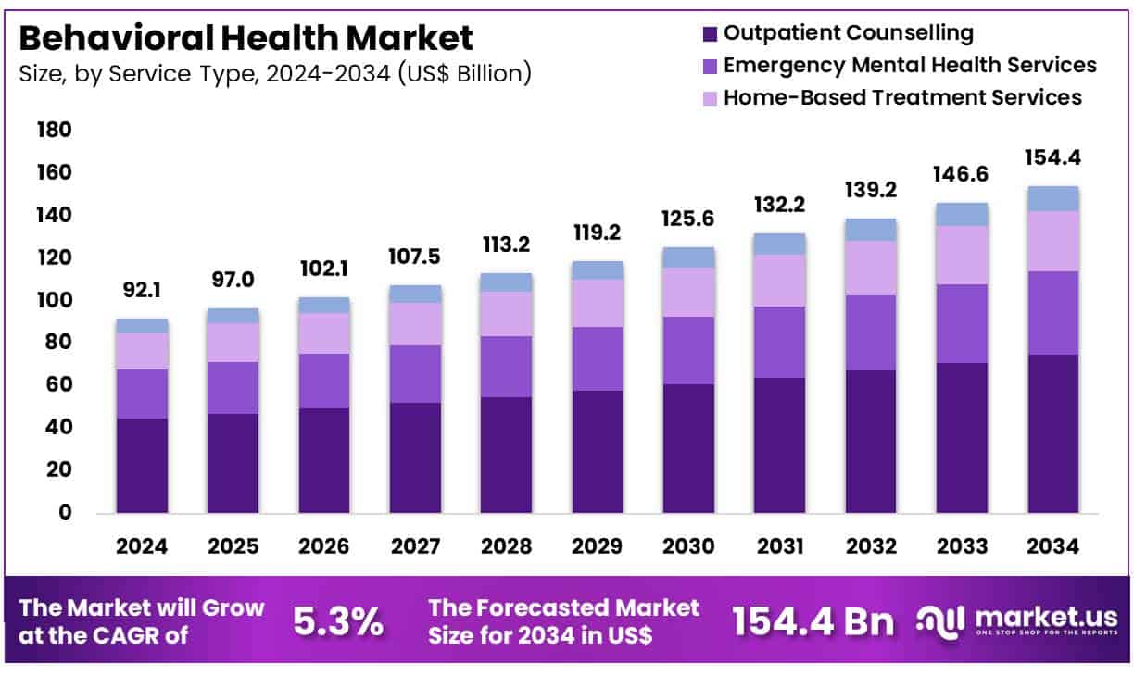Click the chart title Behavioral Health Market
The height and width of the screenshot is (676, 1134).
(x=246, y=38)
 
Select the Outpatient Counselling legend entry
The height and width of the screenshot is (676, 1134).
(x=848, y=33)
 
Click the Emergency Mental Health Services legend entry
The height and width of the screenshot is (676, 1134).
(x=910, y=65)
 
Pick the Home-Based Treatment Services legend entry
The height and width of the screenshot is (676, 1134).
(x=902, y=96)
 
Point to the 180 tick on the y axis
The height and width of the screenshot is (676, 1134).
(x=55, y=131)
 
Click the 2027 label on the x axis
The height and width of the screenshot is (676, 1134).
(x=415, y=546)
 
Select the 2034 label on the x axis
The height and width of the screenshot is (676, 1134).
(x=1053, y=546)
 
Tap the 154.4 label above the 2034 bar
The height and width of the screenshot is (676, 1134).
(x=1052, y=158)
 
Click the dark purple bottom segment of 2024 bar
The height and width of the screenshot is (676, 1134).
(x=142, y=466)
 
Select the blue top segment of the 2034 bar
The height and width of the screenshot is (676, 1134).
(x=1053, y=198)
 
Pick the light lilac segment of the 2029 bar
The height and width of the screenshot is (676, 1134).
(x=598, y=303)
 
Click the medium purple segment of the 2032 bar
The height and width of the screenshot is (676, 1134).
(x=871, y=333)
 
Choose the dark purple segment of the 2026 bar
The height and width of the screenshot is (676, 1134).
(x=324, y=460)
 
